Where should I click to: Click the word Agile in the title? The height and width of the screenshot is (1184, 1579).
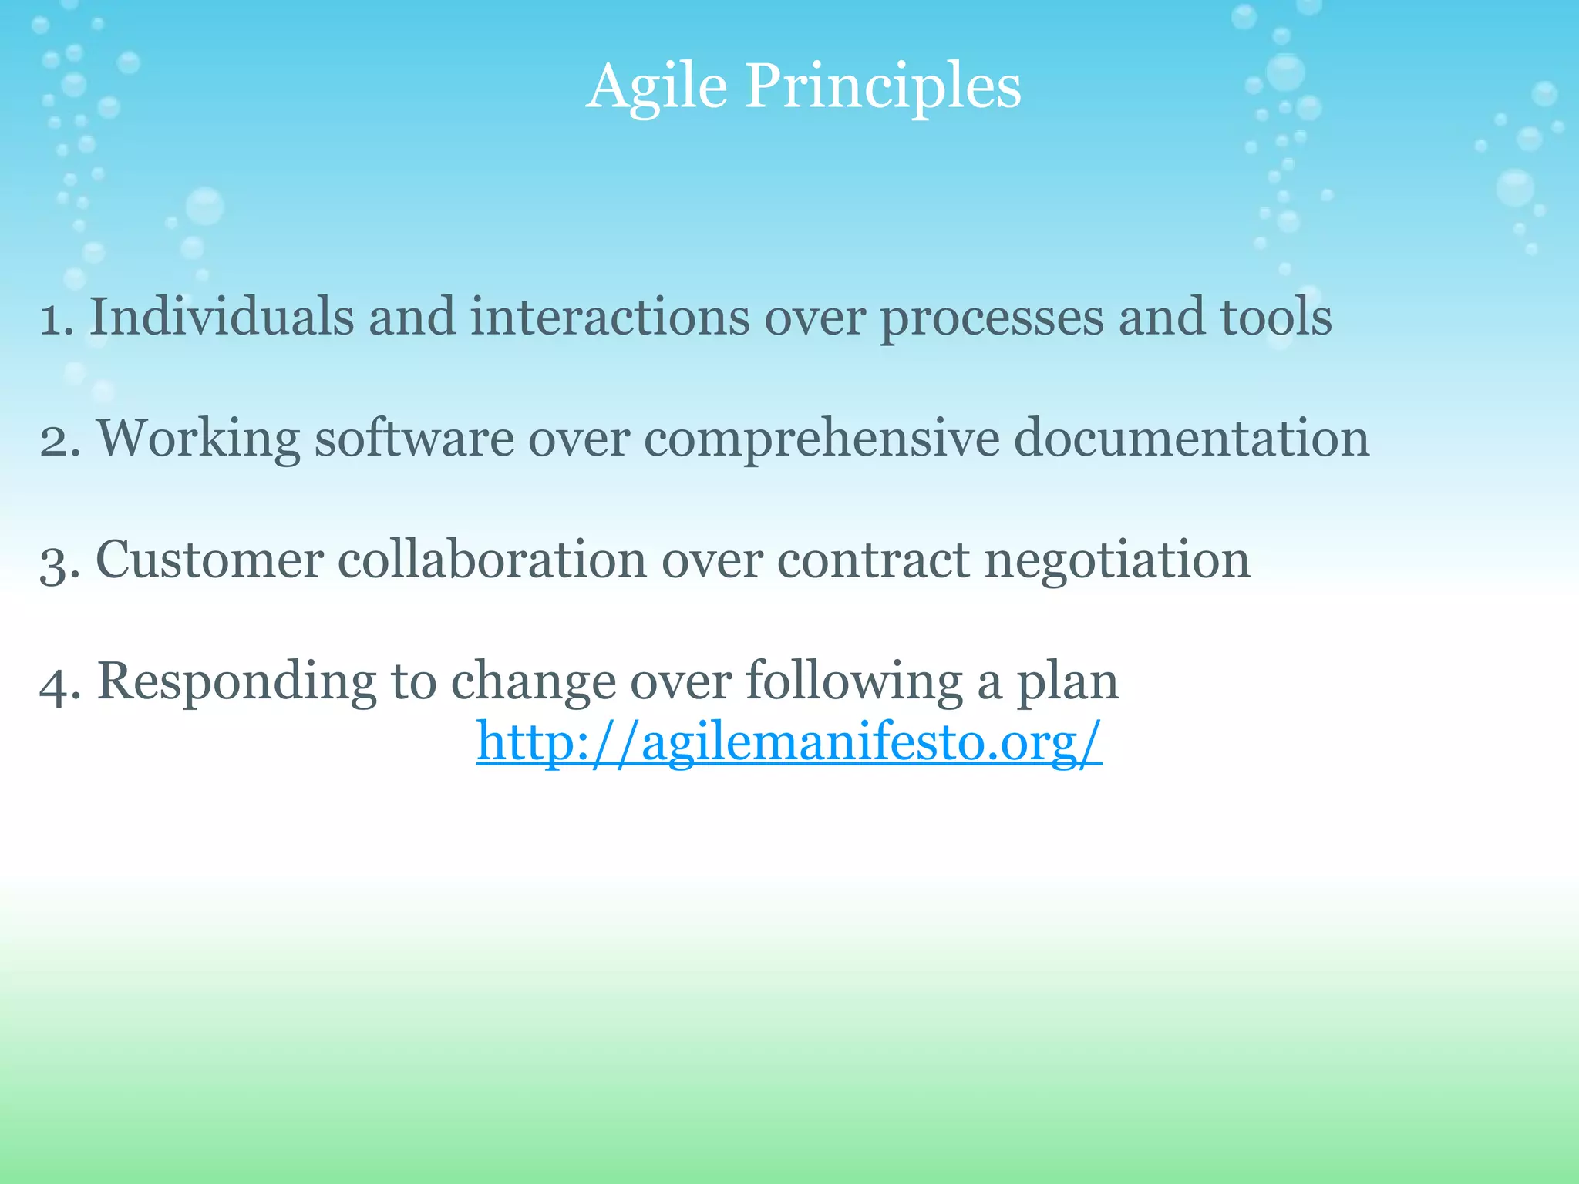point(656,86)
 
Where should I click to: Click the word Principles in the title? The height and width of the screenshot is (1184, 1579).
point(883,86)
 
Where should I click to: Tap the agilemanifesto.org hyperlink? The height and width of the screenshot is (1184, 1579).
point(789,742)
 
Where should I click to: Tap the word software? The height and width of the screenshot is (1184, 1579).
point(414,438)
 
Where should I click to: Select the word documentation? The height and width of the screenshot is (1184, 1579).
point(1191,438)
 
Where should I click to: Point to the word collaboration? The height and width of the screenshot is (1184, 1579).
point(492,560)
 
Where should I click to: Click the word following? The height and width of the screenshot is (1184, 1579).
point(854,682)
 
